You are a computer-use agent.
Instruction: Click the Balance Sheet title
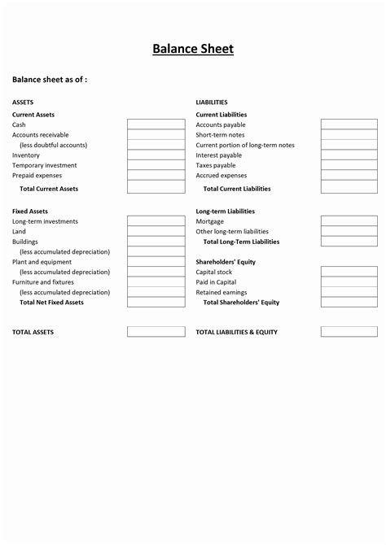pyautogui.click(x=193, y=49)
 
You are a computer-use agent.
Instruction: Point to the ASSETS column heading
pyautogui.click(x=23, y=102)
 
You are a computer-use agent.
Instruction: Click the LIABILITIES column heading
pyautogui.click(x=212, y=102)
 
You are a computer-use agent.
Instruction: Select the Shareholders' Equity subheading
pyautogui.click(x=226, y=262)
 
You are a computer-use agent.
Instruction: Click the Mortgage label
pyautogui.click(x=210, y=221)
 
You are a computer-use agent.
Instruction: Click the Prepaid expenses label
pyautogui.click(x=37, y=175)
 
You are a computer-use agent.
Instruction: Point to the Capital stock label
pyautogui.click(x=214, y=272)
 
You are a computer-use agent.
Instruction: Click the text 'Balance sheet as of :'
pyautogui.click(x=49, y=79)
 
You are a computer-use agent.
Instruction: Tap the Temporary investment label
pyautogui.click(x=44, y=165)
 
